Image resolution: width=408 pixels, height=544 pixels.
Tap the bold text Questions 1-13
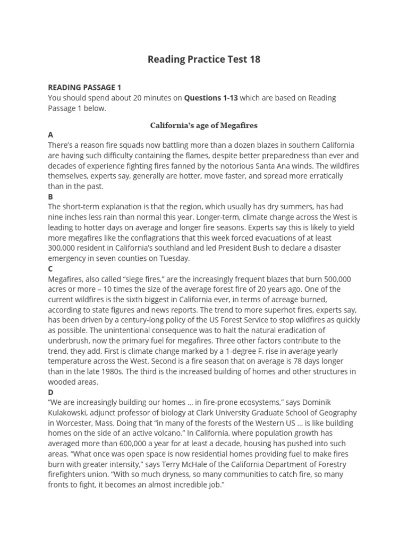tap(211, 98)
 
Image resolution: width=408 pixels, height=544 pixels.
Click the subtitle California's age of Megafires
tap(204, 125)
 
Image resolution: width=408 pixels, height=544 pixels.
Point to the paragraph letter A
tap(50, 135)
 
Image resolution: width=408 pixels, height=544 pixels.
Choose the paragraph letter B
tap(50, 197)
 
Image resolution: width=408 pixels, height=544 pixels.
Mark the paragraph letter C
tap(50, 269)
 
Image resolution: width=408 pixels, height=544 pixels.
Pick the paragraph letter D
tap(51, 392)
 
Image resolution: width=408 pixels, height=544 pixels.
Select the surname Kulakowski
tap(71, 413)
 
